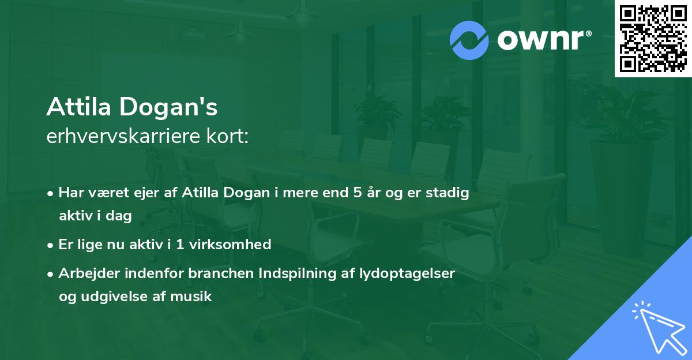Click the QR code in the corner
[653, 38]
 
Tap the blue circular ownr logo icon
[470, 40]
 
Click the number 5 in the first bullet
[358, 193]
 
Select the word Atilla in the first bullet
[200, 193]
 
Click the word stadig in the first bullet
[450, 193]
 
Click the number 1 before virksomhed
[179, 245]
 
